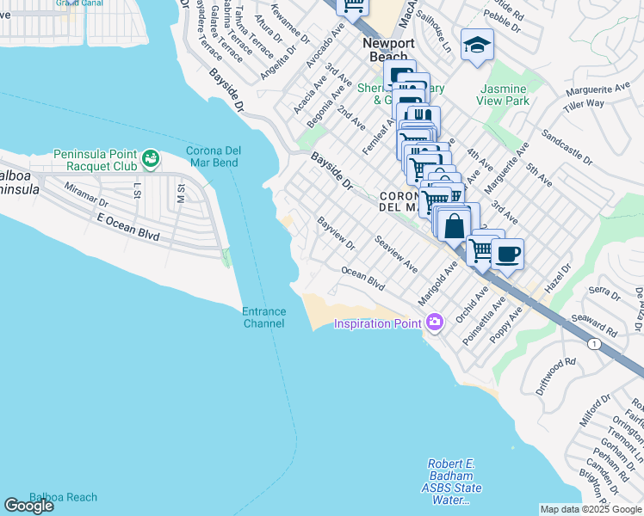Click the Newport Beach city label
pos(387,50)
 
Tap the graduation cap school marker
pos(477,44)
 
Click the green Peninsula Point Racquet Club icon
pos(151,157)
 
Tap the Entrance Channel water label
pos(263,317)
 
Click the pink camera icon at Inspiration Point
pos(435,322)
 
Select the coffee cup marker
pos(507,254)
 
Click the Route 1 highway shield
pos(593,343)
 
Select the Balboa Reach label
pos(63,497)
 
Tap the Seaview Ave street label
pos(397,251)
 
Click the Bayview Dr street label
pos(337,233)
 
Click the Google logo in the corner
pos(28,506)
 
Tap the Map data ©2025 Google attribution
pos(591,509)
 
